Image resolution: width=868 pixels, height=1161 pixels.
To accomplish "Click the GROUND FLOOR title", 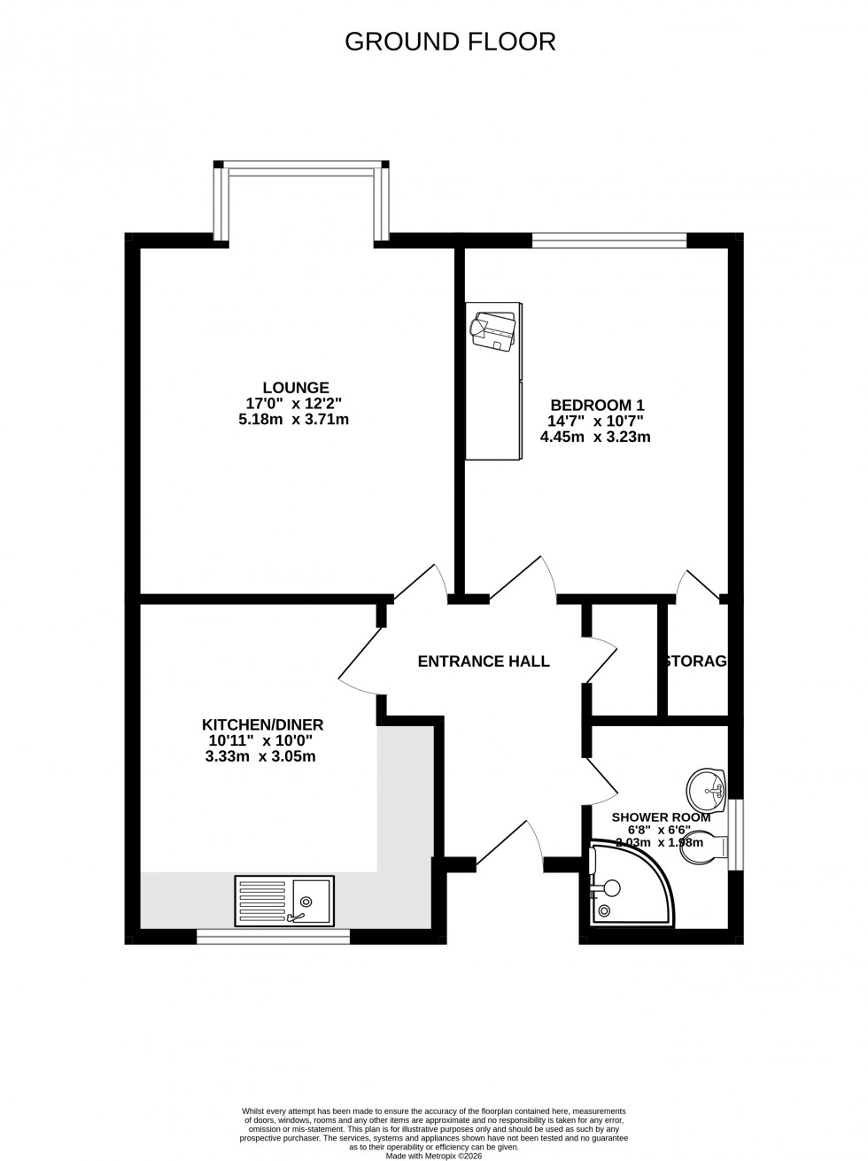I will click(x=450, y=42).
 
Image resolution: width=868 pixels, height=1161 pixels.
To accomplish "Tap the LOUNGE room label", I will click(x=295, y=387).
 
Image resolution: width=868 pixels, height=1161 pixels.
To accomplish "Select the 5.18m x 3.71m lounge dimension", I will click(x=293, y=419).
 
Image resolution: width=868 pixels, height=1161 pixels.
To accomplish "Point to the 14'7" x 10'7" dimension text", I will click(x=595, y=421).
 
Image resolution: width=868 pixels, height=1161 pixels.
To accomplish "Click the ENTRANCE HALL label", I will click(x=484, y=661).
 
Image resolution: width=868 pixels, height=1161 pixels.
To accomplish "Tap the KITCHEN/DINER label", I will click(x=262, y=724).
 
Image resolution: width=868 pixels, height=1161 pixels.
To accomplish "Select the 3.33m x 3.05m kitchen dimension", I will click(x=260, y=756).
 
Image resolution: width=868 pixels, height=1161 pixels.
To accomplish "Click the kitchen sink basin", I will click(x=313, y=899).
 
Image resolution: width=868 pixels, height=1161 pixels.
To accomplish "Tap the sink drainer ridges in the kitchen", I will click(x=264, y=900).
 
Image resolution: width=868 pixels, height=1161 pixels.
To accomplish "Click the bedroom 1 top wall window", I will click(x=609, y=238).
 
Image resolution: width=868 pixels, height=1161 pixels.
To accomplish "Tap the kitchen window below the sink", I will click(x=273, y=935).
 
